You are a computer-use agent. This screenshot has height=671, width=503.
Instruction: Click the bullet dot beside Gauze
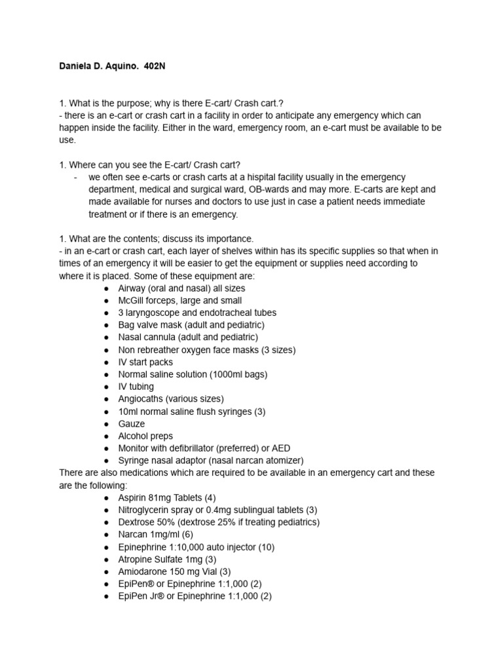pyautogui.click(x=106, y=424)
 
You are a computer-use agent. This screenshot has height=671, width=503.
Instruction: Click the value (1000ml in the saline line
pyautogui.click(x=226, y=375)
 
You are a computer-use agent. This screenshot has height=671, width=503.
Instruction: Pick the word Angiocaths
pyautogui.click(x=142, y=399)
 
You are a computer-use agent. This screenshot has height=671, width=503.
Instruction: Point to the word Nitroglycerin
pyautogui.click(x=145, y=510)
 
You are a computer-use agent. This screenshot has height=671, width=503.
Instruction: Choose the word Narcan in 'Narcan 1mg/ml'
pyautogui.click(x=132, y=534)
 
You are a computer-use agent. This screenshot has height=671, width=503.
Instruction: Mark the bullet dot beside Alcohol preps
pyautogui.click(x=106, y=436)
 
